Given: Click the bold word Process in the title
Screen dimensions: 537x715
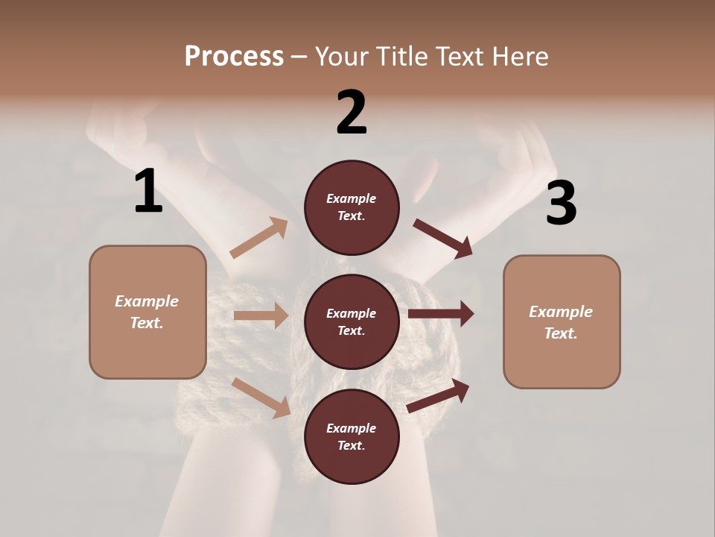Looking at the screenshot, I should [234, 56].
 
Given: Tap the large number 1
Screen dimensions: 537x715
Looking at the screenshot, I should [148, 192].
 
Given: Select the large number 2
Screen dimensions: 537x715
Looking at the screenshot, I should [352, 113].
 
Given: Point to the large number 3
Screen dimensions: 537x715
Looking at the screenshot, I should [561, 204].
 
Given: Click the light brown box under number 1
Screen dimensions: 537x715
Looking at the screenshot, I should [147, 312].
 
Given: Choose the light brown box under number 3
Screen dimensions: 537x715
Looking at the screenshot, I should [562, 322].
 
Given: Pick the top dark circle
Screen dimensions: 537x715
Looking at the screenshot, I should [352, 207].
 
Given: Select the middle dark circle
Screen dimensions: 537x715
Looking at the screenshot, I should [352, 322].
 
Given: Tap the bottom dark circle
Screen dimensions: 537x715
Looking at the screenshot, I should [352, 437].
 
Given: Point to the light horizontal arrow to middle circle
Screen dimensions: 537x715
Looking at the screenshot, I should [261, 315].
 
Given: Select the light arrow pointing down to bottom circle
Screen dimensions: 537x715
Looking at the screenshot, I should [261, 397].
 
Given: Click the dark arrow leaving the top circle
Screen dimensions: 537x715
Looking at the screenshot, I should [442, 238].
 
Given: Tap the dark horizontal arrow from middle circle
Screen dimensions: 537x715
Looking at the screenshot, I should [440, 313].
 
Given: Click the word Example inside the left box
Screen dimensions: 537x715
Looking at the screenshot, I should [147, 301].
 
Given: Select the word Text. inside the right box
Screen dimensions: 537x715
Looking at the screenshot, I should [561, 333].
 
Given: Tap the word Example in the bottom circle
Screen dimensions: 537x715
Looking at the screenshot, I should [352, 428].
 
